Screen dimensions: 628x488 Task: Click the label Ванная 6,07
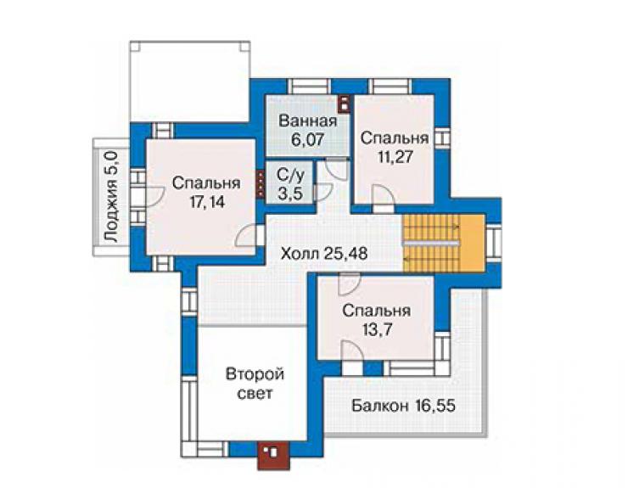(307, 130)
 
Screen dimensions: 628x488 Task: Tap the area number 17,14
(207, 202)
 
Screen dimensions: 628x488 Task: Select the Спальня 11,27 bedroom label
(395, 147)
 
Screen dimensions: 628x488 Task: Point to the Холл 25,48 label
(324, 254)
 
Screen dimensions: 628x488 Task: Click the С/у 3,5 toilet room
(290, 184)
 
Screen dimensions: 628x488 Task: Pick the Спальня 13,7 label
(377, 321)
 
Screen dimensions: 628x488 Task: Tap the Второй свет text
(255, 384)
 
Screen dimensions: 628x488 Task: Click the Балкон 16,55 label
(403, 406)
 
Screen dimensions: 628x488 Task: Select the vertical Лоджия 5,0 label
(111, 196)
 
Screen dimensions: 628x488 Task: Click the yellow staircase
(444, 244)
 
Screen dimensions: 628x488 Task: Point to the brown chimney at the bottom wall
(273, 455)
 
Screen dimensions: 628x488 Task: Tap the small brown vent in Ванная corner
(344, 104)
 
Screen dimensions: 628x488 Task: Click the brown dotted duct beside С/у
(261, 185)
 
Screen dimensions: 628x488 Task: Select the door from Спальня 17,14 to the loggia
(154, 196)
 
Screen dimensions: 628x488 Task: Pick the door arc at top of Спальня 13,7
(349, 284)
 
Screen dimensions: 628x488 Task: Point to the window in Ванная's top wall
(309, 87)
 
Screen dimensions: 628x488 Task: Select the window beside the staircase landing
(494, 244)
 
